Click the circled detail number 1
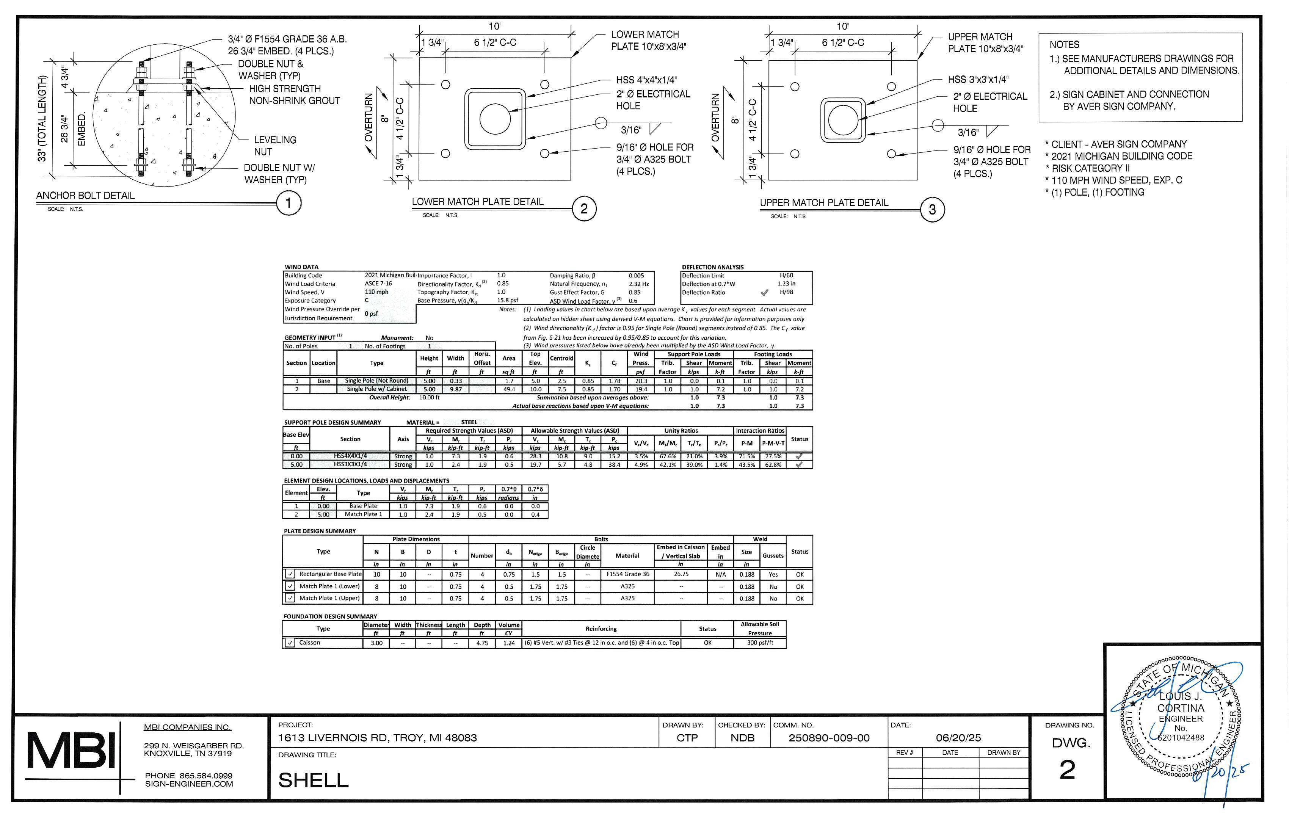tap(288, 203)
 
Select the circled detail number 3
tap(932, 210)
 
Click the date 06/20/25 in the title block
tap(958, 738)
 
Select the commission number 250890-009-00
tap(829, 738)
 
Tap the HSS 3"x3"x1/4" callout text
tap(978, 80)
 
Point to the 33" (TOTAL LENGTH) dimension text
tap(42, 118)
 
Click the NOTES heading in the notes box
tap(1064, 45)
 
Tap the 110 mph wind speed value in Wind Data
tap(376, 292)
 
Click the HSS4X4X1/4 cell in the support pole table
tap(350, 456)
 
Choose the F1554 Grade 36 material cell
tap(627, 574)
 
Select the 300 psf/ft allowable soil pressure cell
tap(760, 643)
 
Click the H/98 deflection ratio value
tap(786, 292)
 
